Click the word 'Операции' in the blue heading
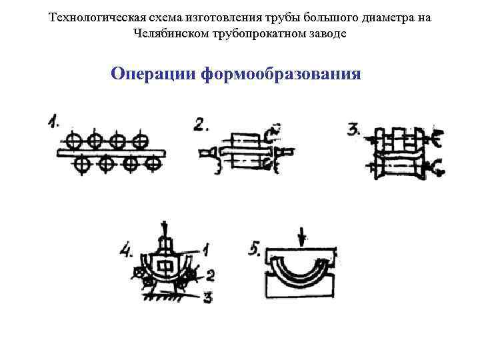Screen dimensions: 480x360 (x=151, y=72)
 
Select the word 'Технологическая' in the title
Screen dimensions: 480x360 (x=92, y=18)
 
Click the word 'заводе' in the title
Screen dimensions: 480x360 (x=326, y=33)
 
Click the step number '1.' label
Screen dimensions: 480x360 (x=54, y=122)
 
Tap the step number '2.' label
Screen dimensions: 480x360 (x=203, y=125)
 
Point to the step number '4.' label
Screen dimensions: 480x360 (x=126, y=251)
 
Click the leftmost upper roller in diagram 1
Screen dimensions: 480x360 (x=74, y=141)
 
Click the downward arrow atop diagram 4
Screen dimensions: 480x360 (x=164, y=229)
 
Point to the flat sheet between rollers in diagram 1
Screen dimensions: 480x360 (x=110, y=153)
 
